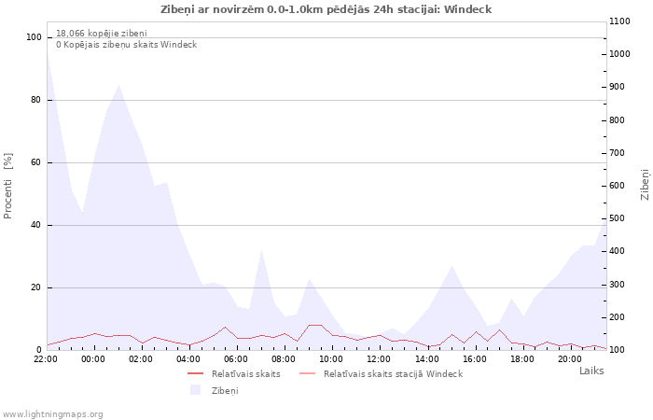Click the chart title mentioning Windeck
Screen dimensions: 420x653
coord(326,9)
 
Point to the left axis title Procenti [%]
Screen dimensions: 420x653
coord(8,186)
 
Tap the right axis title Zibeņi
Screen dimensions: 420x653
coord(645,184)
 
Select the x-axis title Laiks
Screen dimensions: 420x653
coord(591,371)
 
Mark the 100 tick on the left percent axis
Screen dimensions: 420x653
coord(34,37)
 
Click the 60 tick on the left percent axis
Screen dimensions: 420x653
coord(36,162)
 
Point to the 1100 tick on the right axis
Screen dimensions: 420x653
coord(621,21)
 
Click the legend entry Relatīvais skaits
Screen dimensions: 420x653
coord(245,373)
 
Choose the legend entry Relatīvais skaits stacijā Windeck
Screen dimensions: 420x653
coord(393,373)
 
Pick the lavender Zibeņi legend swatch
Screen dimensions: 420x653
coord(196,390)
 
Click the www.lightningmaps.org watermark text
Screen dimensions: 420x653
coord(53,413)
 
